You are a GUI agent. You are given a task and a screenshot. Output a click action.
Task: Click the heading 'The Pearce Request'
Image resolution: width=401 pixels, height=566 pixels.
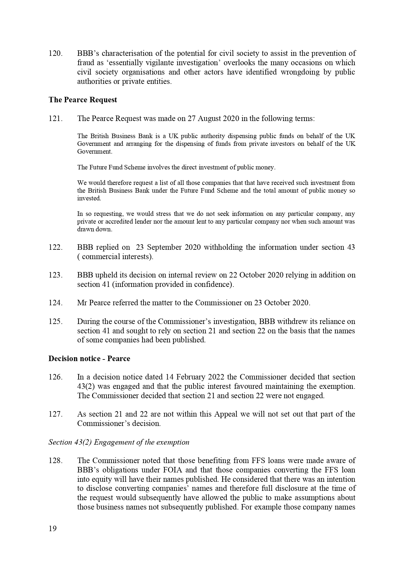83,100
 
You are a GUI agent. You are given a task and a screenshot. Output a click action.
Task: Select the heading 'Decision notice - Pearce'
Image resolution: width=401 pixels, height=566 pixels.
89,359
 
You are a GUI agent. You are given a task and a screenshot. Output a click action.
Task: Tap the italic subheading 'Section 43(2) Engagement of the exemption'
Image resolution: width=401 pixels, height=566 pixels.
119,442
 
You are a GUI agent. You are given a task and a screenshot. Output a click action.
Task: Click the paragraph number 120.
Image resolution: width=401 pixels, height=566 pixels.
55,53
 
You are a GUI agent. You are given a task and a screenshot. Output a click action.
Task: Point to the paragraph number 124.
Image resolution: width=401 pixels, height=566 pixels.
55,303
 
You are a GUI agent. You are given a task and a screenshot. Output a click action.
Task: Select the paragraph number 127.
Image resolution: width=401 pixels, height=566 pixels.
55,414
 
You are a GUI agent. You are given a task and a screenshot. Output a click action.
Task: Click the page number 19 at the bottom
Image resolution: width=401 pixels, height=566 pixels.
53,529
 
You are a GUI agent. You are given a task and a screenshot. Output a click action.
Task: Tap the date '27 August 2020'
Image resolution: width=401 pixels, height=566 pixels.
213,118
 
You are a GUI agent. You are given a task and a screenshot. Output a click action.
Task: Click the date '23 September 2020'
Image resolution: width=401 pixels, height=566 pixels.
168,247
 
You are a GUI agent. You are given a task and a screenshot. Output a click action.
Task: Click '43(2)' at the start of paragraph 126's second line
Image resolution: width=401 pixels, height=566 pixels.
86,386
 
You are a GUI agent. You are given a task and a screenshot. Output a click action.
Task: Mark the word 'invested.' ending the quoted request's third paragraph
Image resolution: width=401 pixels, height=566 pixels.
89,198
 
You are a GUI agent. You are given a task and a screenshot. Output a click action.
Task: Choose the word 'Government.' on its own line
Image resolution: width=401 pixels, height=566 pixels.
94,151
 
